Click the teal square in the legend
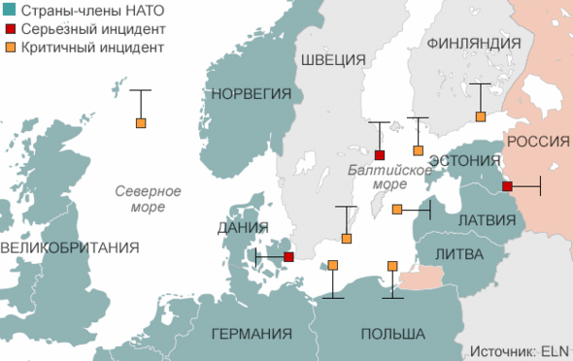coord(9,10)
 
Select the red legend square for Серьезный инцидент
coord(9,28)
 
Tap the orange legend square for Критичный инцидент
coord(9,47)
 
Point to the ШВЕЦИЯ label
coord(333,60)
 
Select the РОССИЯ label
coord(538,142)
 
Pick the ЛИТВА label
coord(456,253)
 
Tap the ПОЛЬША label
coord(392,334)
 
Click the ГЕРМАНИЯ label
coord(252,334)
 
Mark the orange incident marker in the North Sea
coord(141,123)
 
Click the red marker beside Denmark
coord(288,257)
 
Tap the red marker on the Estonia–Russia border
coord(507,186)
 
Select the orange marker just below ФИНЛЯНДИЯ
coord(479,117)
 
